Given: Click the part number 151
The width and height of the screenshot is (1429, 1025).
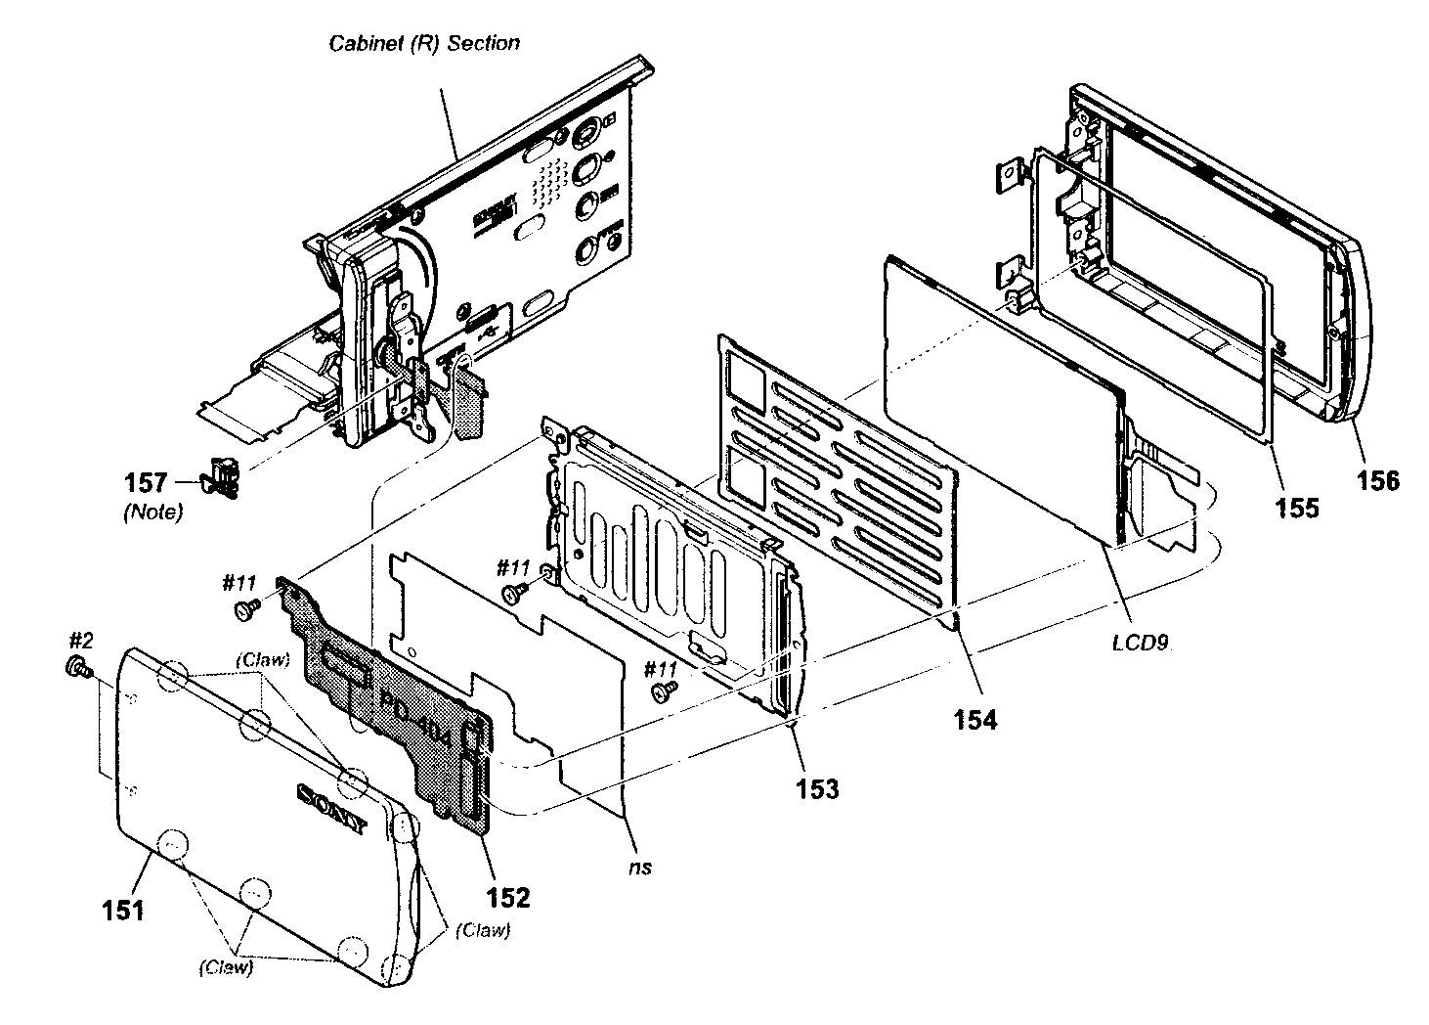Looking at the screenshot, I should tap(123, 910).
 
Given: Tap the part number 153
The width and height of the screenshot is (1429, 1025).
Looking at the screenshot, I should tap(817, 788).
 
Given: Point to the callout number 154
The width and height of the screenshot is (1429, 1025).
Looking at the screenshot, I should tap(975, 720).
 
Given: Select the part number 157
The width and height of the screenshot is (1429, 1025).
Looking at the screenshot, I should tap(146, 482).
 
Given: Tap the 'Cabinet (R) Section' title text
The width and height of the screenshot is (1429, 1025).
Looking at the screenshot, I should tap(424, 43).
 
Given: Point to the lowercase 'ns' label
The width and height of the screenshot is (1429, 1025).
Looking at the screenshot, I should tap(640, 867).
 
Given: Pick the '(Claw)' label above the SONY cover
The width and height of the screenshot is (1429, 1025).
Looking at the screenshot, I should tap(262, 658).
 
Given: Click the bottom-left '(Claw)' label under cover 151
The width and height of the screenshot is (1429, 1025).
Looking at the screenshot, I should tap(225, 967).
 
